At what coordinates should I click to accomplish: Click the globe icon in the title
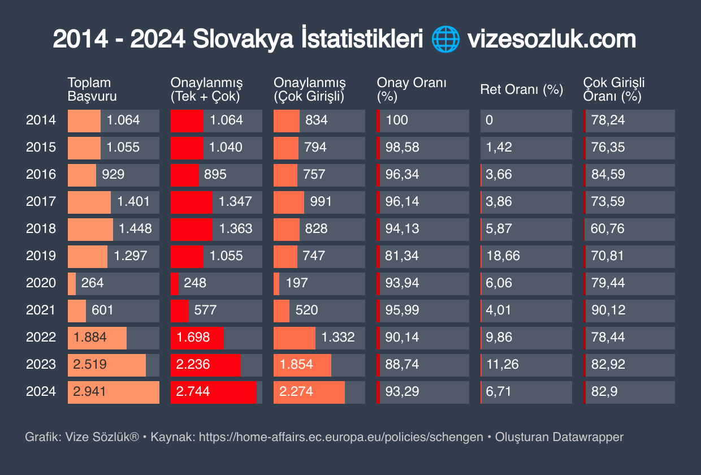[445, 40]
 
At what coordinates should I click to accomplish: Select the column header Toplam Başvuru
[92, 89]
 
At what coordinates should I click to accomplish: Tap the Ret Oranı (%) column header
[521, 89]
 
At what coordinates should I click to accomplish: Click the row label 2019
[41, 256]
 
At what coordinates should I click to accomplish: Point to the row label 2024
[41, 391]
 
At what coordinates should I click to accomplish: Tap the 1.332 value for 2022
[337, 337]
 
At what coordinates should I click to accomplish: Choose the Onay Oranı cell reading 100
[397, 120]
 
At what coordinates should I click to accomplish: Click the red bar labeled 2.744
[213, 391]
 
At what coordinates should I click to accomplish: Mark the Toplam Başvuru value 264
[92, 283]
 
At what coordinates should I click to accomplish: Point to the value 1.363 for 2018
[235, 228]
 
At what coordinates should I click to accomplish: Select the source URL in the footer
[341, 437]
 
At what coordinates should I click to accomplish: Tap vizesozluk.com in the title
[552, 40]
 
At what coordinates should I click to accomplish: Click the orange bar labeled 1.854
[302, 364]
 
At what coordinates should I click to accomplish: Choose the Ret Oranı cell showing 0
[489, 120]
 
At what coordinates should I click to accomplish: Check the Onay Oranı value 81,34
[402, 256]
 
